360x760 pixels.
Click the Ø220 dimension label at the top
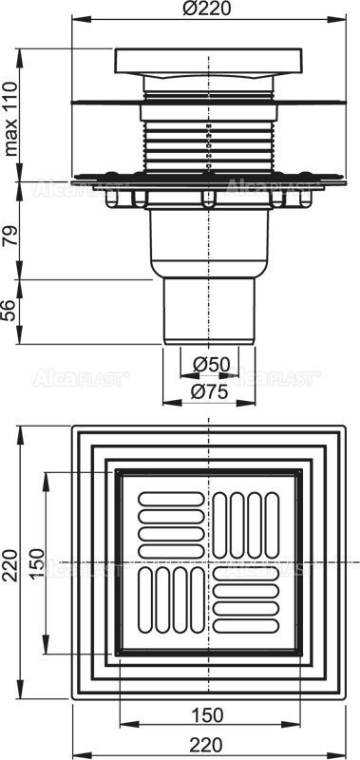(209, 10)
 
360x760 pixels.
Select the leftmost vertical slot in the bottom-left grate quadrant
(147, 602)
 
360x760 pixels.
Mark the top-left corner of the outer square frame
(72, 427)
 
